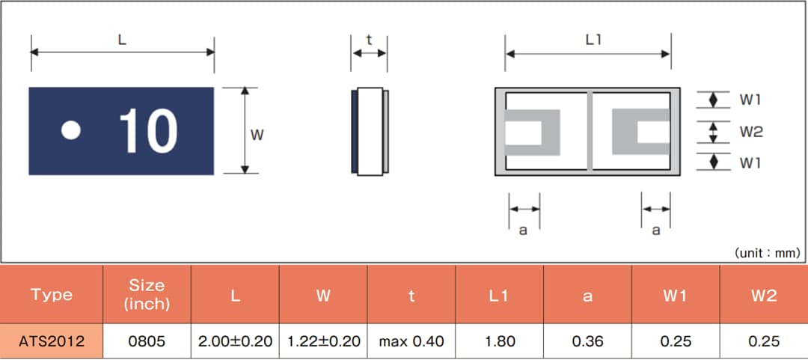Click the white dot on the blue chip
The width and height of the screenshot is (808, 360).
(x=70, y=131)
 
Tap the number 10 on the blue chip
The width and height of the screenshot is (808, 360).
(x=148, y=132)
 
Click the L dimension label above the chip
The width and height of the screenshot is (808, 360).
(x=122, y=40)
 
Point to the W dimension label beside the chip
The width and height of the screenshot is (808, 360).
(x=257, y=135)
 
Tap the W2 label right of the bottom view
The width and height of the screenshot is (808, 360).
(x=751, y=132)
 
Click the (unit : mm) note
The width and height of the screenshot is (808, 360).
(x=767, y=253)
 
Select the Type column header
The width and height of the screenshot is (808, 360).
(x=52, y=295)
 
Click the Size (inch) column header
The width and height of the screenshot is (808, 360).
(x=147, y=295)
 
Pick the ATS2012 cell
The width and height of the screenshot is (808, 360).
(x=52, y=342)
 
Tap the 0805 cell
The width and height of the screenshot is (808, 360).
(x=147, y=342)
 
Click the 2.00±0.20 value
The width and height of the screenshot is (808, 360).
(x=235, y=342)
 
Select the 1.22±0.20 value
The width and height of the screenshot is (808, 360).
(x=323, y=342)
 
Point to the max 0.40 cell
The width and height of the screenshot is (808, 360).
(x=411, y=342)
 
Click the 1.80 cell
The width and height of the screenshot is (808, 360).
(x=500, y=342)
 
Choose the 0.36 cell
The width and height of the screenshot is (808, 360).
(x=588, y=342)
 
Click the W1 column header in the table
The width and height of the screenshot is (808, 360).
(x=676, y=296)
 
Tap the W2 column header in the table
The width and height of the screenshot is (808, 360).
(x=764, y=296)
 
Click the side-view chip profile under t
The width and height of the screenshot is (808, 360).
(x=370, y=132)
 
